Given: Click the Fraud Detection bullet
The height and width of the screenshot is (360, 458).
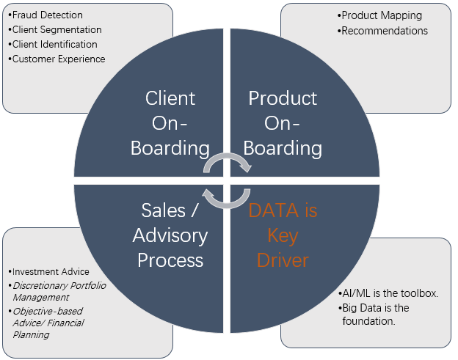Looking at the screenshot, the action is pyautogui.click(x=46, y=15).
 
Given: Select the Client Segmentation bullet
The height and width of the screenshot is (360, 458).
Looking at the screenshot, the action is pyautogui.click(x=55, y=30).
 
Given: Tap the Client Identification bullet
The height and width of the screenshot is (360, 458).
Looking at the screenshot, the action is pyautogui.click(x=53, y=44).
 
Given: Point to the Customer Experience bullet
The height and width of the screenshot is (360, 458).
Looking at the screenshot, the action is pyautogui.click(x=57, y=59).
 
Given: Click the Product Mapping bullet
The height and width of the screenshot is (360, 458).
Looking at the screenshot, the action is pyautogui.click(x=379, y=15).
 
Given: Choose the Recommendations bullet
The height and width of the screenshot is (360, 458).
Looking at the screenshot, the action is pyautogui.click(x=382, y=31).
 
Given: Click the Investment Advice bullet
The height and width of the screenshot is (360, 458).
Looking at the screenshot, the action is pyautogui.click(x=48, y=271).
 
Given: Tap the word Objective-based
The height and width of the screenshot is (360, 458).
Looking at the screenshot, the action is pyautogui.click(x=48, y=312).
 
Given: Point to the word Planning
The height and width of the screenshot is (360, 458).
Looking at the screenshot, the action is pyautogui.click(x=31, y=334).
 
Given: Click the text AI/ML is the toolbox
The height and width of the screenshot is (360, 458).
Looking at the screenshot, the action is pyautogui.click(x=388, y=293).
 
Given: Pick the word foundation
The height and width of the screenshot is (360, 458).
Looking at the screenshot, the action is pyautogui.click(x=368, y=321).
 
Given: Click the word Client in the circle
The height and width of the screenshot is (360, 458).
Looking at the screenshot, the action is pyautogui.click(x=170, y=98).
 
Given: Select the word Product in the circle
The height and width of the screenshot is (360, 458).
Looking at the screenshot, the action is pyautogui.click(x=283, y=98).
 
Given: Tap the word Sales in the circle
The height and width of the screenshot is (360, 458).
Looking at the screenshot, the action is pyautogui.click(x=164, y=210).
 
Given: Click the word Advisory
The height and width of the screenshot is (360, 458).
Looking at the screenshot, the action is pyautogui.click(x=170, y=235).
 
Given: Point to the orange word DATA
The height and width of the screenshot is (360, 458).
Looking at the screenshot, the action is pyautogui.click(x=273, y=210).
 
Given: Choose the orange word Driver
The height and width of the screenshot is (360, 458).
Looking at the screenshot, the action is pyautogui.click(x=283, y=260).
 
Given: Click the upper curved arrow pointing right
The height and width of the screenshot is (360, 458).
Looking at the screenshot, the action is pyautogui.click(x=228, y=155).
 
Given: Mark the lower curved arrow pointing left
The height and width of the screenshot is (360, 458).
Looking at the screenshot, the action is pyautogui.click(x=228, y=205).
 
